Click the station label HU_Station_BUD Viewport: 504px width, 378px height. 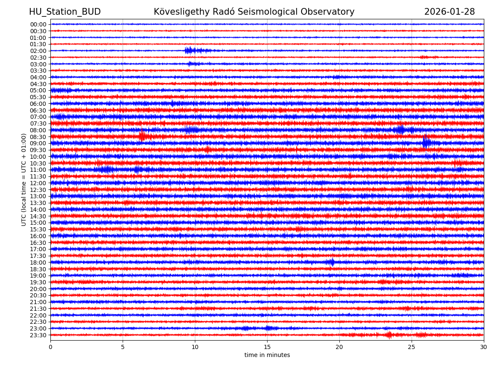pyautogui.click(x=65, y=12)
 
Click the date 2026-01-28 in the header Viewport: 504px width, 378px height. pyautogui.click(x=449, y=12)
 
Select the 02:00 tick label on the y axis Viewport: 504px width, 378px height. pyautogui.click(x=38, y=51)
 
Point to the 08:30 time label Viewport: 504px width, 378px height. pyautogui.click(x=38, y=137)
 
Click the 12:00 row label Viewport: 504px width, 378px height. pyautogui.click(x=38, y=183)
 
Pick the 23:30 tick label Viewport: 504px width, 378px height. pyautogui.click(x=38, y=335)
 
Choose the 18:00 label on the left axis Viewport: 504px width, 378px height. pyautogui.click(x=38, y=262)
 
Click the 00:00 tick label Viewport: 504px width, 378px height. pyautogui.click(x=38, y=24)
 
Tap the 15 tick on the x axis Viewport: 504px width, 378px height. pyautogui.click(x=267, y=347)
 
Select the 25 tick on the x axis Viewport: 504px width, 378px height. pyautogui.click(x=412, y=347)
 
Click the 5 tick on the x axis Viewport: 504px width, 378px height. pyautogui.click(x=123, y=347)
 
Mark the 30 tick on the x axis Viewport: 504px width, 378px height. pyautogui.click(x=484, y=347)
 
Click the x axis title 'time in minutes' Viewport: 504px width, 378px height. pyautogui.click(x=267, y=355)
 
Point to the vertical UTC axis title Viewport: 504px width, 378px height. pyautogui.click(x=24, y=179)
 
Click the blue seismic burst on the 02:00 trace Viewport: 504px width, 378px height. pyautogui.click(x=190, y=51)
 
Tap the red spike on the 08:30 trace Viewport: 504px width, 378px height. pyautogui.click(x=142, y=136)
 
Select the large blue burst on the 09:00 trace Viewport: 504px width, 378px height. pyautogui.click(x=426, y=142)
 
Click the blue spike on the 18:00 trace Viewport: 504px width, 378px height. pyautogui.click(x=332, y=262)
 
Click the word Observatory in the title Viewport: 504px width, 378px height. pyautogui.click(x=329, y=12)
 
